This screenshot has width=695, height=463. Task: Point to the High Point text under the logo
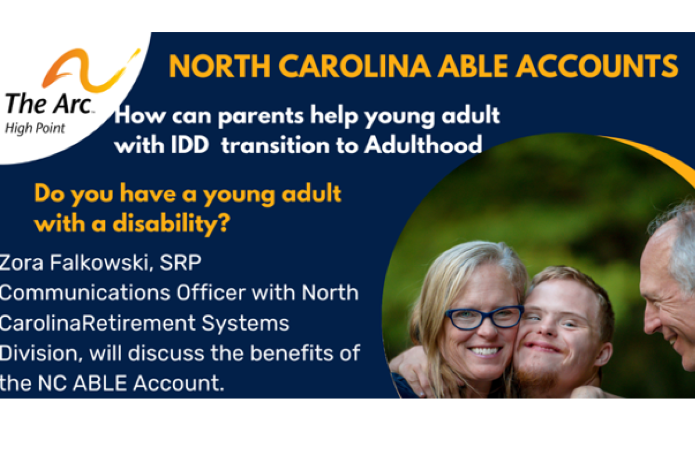[x=35, y=128]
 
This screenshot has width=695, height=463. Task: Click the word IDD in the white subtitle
[x=190, y=145]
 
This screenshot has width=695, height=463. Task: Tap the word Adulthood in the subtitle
[x=423, y=145]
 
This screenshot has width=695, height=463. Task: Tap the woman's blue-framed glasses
[x=484, y=318]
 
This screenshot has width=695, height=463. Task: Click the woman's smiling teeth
[x=485, y=351]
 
